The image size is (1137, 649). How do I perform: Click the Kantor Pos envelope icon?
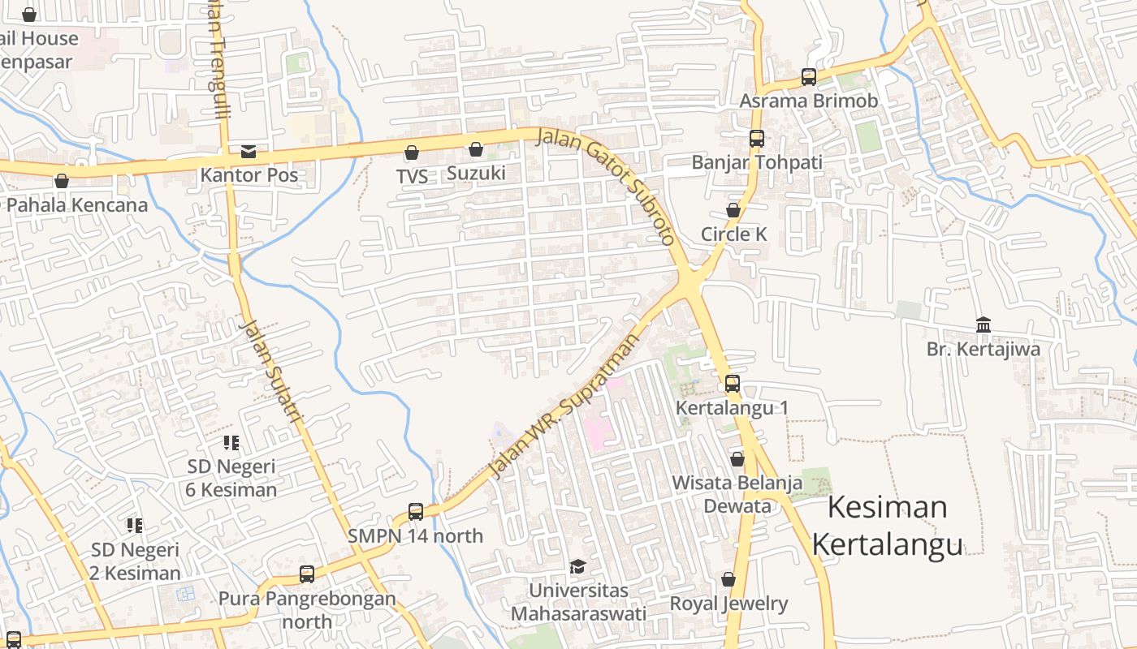[x=248, y=152]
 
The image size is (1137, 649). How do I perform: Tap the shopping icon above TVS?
[x=412, y=153]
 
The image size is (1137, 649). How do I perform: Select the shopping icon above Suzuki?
[x=476, y=149]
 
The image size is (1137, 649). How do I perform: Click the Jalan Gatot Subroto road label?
[x=607, y=185]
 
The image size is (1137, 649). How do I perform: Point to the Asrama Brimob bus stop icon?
[x=809, y=77]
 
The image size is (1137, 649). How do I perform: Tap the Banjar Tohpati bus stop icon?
[x=757, y=139]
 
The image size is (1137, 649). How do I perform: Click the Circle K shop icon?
[x=733, y=210]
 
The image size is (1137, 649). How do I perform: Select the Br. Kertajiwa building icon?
[x=984, y=325]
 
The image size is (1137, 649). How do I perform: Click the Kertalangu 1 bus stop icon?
[x=733, y=384]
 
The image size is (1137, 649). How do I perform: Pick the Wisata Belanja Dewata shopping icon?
[x=737, y=459]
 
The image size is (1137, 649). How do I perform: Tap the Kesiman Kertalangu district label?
[x=888, y=525]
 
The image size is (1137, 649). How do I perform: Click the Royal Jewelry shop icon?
[x=728, y=579]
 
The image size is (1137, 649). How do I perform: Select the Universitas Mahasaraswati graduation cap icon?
[x=577, y=565]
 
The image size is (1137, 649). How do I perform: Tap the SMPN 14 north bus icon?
[x=416, y=512]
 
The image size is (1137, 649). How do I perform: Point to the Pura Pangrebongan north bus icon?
[x=307, y=574]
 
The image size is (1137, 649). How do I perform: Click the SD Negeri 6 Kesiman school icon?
[x=231, y=443]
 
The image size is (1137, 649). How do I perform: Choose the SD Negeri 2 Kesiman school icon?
[x=135, y=526]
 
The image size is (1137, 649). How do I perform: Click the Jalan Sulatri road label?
[x=271, y=370]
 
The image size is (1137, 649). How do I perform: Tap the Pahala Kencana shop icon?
[x=62, y=181]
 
